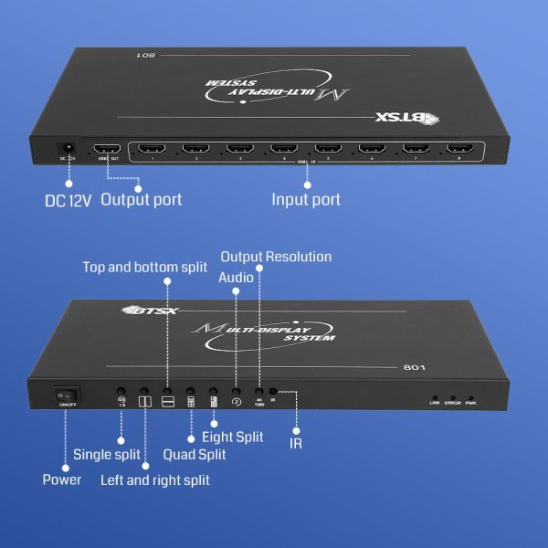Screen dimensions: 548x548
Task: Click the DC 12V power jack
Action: pyautogui.click(x=66, y=148)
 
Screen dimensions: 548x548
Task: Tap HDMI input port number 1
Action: pyautogui.click(x=153, y=148)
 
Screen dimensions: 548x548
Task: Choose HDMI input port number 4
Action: pyautogui.click(x=283, y=148)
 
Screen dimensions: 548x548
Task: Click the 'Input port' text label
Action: pyautogui.click(x=307, y=199)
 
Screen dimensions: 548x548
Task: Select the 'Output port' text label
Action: pyautogui.click(x=141, y=199)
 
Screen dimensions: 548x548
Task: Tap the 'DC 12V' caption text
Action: pyautogui.click(x=68, y=200)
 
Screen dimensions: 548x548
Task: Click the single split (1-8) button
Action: pyautogui.click(x=121, y=398)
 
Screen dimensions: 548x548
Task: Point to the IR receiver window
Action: pyautogui.click(x=273, y=391)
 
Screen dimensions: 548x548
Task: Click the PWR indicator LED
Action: pyautogui.click(x=471, y=398)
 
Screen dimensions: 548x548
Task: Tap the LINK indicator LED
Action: pyautogui.click(x=436, y=398)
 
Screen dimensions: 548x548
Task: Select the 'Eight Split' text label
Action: pyautogui.click(x=237, y=437)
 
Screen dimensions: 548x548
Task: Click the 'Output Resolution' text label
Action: pyautogui.click(x=276, y=257)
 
